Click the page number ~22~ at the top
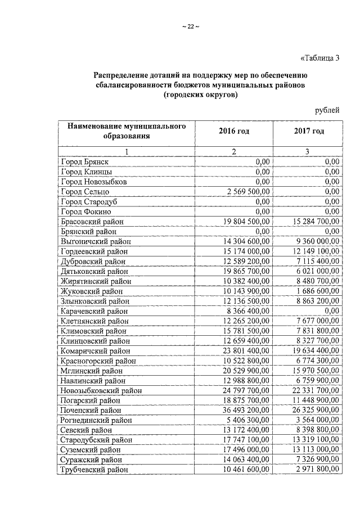191,27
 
